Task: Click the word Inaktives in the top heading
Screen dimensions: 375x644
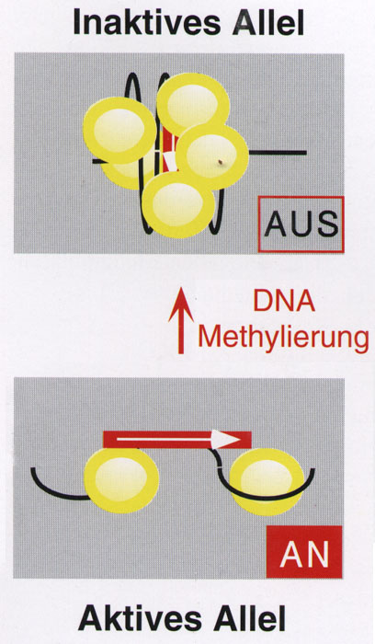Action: [x=146, y=23]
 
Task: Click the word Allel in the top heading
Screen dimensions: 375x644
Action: [x=267, y=23]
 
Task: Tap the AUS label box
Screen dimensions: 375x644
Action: [x=301, y=224]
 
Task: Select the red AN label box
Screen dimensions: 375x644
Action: [x=304, y=552]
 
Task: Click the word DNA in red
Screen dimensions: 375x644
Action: [x=284, y=301]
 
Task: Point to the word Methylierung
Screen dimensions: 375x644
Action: [x=283, y=338]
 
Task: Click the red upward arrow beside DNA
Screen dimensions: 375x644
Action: [x=181, y=320]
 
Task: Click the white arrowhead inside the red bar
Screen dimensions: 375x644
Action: [x=225, y=440]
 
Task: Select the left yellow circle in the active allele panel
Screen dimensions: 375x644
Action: [x=121, y=480]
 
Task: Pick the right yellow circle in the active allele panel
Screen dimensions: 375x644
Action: [x=267, y=481]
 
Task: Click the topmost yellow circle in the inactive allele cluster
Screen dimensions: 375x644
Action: [x=193, y=105]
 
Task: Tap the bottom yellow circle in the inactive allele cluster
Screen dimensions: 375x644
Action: [x=178, y=204]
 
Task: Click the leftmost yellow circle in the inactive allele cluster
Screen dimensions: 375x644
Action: [x=119, y=131]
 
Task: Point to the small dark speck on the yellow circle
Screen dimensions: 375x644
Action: [x=221, y=162]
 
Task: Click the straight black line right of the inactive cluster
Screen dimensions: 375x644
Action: [x=278, y=153]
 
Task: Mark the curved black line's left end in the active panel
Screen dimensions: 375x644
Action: [x=32, y=469]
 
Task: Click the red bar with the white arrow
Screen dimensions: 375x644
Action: [x=177, y=440]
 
